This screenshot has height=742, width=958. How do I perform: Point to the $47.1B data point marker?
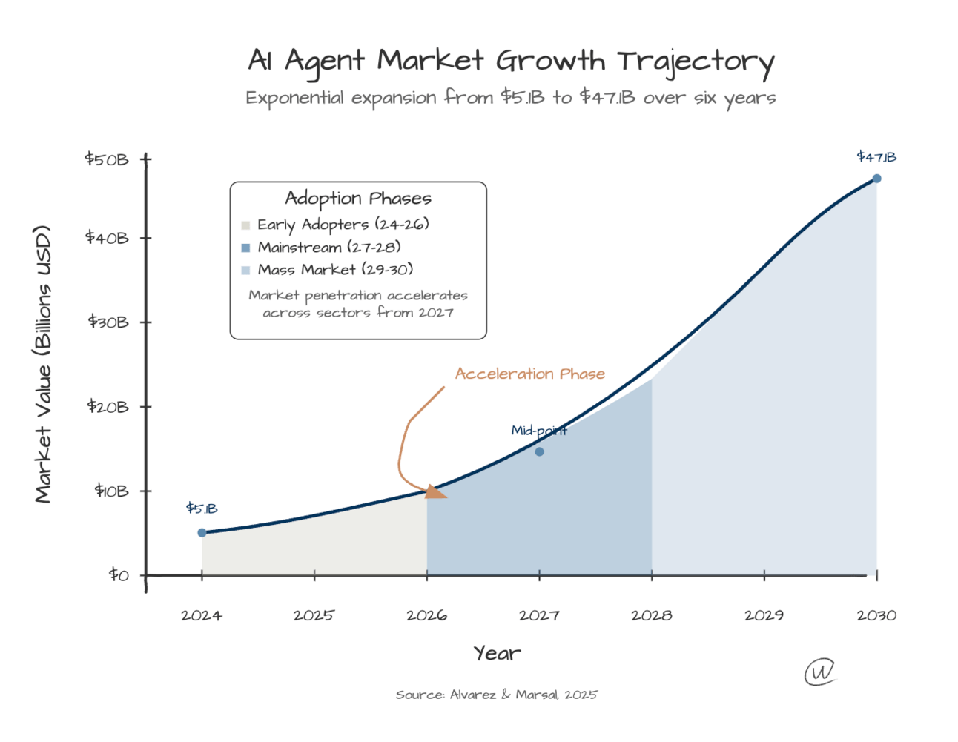click(876, 179)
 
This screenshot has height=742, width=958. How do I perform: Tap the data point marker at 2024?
click(202, 532)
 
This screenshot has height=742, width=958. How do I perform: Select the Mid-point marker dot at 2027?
click(539, 451)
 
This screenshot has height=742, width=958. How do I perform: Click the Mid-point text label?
click(538, 431)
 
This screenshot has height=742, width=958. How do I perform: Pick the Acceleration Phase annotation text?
click(529, 374)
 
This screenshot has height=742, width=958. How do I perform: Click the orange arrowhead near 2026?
click(436, 492)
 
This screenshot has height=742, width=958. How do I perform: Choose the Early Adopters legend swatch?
click(245, 225)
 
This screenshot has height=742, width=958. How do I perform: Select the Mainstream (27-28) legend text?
click(328, 247)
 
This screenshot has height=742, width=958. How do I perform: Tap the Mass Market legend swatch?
click(245, 271)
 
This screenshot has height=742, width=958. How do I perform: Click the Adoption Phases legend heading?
click(358, 199)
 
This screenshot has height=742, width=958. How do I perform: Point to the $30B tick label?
click(108, 322)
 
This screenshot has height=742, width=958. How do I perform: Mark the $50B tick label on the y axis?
click(107, 159)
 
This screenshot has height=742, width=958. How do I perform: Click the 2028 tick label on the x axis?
click(652, 615)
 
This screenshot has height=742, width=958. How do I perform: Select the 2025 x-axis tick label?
click(314, 615)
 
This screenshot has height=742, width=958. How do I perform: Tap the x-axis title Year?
click(497, 654)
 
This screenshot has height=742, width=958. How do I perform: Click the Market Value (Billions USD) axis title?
click(44, 364)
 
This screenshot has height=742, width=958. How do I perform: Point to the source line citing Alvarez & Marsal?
click(496, 695)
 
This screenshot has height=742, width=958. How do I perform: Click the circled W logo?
click(820, 672)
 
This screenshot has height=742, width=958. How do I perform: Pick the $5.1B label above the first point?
click(202, 509)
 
